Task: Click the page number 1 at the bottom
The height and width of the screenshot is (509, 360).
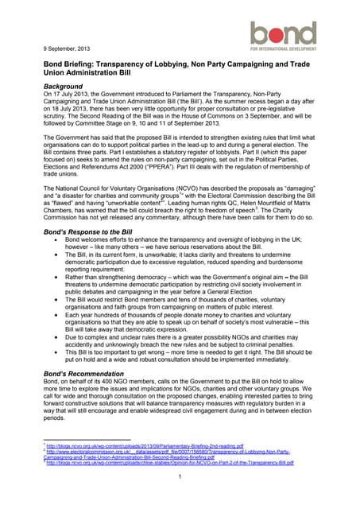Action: point(180,477)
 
